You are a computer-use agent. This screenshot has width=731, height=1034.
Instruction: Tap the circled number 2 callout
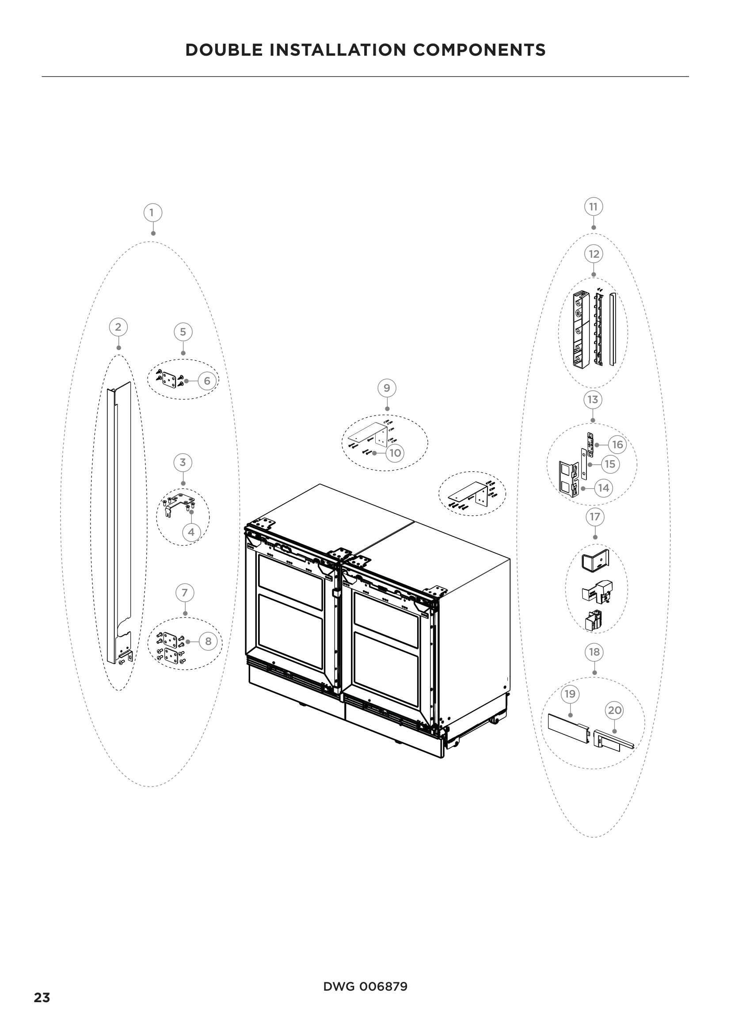click(x=118, y=327)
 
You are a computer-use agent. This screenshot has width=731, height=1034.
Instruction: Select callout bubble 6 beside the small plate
click(x=206, y=381)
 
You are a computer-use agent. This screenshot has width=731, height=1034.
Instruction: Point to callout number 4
click(x=191, y=532)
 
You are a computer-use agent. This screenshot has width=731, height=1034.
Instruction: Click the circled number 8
click(x=208, y=641)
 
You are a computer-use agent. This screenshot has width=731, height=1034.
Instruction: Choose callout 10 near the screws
click(x=395, y=453)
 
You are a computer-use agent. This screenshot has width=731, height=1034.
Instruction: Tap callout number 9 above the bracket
click(x=387, y=388)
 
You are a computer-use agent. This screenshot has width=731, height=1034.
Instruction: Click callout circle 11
click(x=593, y=207)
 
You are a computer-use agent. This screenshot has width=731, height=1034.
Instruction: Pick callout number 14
click(x=603, y=488)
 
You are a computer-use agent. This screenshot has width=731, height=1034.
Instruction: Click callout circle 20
click(x=614, y=711)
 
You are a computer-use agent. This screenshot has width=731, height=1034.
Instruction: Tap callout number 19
click(x=570, y=694)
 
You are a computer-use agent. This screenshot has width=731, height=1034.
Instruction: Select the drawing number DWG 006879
click(x=365, y=987)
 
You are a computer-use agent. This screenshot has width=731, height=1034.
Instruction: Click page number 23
click(x=42, y=998)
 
